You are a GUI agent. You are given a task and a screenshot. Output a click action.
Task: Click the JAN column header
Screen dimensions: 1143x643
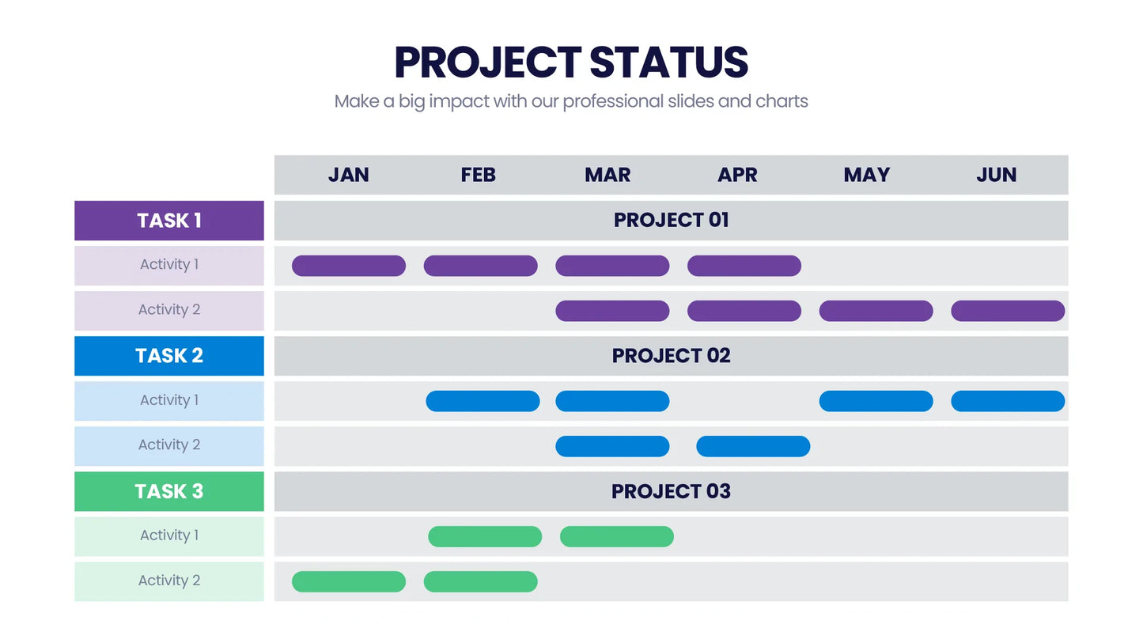point(349,175)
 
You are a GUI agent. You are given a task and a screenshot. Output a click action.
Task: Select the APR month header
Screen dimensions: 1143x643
point(737,175)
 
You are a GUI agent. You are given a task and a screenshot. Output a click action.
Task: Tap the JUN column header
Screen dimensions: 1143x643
point(996,175)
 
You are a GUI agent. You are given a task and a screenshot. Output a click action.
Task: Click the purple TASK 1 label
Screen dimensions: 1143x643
point(169,221)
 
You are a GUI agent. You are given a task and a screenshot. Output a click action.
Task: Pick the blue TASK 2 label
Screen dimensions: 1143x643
point(169,356)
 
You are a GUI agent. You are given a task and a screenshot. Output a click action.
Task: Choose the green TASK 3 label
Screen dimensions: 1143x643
point(169,491)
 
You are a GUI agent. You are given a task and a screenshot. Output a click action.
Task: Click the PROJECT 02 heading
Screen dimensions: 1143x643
point(671,356)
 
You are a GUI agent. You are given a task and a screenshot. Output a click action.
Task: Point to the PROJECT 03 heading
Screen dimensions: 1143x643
point(671,491)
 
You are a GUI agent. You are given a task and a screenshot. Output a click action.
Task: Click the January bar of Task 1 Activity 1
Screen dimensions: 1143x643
point(349,266)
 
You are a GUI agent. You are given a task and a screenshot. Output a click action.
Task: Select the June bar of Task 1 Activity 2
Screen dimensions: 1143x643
point(1008,311)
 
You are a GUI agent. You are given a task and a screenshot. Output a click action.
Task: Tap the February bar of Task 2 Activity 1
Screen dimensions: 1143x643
point(483,401)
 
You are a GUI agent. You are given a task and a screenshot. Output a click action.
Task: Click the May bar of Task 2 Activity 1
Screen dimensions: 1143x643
point(876,401)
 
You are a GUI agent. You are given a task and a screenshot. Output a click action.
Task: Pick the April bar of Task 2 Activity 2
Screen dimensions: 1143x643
point(753,447)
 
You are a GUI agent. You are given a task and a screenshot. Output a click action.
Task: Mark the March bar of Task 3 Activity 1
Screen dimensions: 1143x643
point(617,537)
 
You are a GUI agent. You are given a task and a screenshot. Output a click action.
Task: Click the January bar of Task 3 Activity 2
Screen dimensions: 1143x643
point(349,582)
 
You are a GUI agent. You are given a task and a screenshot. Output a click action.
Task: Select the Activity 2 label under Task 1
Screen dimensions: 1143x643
point(169,310)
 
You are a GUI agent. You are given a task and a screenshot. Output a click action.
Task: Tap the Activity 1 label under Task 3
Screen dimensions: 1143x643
point(169,535)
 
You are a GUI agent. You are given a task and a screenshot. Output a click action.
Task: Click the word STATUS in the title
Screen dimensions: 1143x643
point(669,62)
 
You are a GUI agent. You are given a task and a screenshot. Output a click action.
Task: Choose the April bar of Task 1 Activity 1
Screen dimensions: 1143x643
point(744,266)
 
